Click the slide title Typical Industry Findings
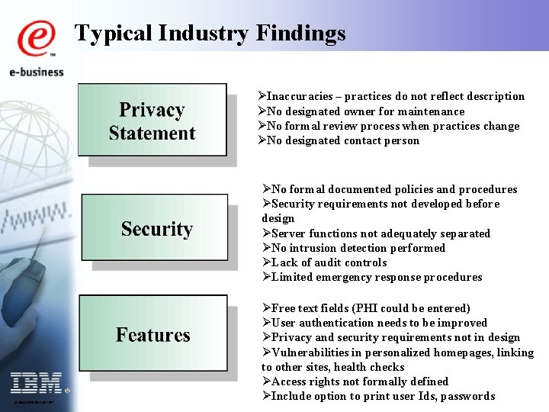pyautogui.click(x=210, y=34)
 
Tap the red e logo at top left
pyautogui.click(x=36, y=39)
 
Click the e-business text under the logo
pyautogui.click(x=36, y=72)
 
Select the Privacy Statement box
pyautogui.click(x=152, y=122)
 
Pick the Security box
pyautogui.click(x=156, y=229)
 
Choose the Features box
pyautogui.click(x=153, y=335)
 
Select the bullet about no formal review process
pyautogui.click(x=389, y=126)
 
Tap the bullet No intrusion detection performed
pyautogui.click(x=355, y=248)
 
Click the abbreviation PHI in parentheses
pyautogui.click(x=361, y=308)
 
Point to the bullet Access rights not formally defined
pyautogui.click(x=355, y=381)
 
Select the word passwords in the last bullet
pyautogui.click(x=466, y=396)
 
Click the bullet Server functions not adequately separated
pyautogui.click(x=377, y=233)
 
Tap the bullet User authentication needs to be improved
pyautogui.click(x=375, y=323)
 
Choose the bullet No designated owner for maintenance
pyautogui.click(x=362, y=111)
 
